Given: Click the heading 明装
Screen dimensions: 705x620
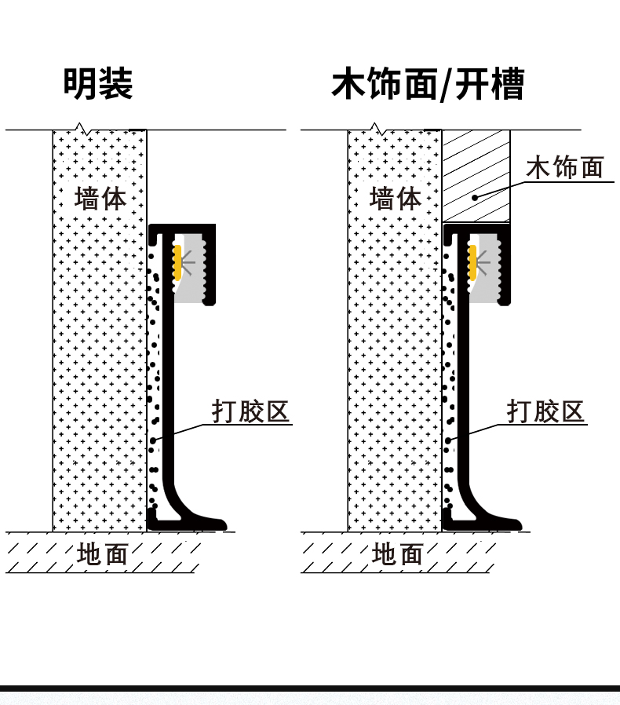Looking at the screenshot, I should coord(98,84).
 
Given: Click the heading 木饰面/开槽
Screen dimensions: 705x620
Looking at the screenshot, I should coord(427,84).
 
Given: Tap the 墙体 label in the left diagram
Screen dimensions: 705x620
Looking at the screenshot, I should coord(100,197).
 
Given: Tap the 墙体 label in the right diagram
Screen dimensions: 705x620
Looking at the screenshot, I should coord(395,197).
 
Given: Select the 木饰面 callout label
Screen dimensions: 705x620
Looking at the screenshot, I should coord(564,167).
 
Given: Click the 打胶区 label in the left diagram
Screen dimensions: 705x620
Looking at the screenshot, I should coord(251,411).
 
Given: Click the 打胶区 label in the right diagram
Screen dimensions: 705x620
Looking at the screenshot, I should coord(546,411).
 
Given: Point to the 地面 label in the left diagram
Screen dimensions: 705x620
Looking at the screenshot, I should coord(103,554).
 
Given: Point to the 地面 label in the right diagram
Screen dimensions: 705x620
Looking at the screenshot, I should coord(398,554).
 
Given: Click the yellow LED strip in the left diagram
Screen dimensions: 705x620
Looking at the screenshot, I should coord(177,262).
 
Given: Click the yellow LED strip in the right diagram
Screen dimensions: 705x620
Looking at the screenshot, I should coord(472,262).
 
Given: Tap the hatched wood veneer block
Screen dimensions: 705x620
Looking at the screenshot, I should coord(476,174).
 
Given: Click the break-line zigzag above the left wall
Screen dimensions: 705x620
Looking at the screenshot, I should coord(80,126).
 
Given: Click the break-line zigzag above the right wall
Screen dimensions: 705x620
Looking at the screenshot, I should coord(375,126).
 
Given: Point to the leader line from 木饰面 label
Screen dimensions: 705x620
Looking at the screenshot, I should coord(502,187).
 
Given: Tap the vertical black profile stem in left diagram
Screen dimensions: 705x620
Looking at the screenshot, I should coord(166,377).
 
